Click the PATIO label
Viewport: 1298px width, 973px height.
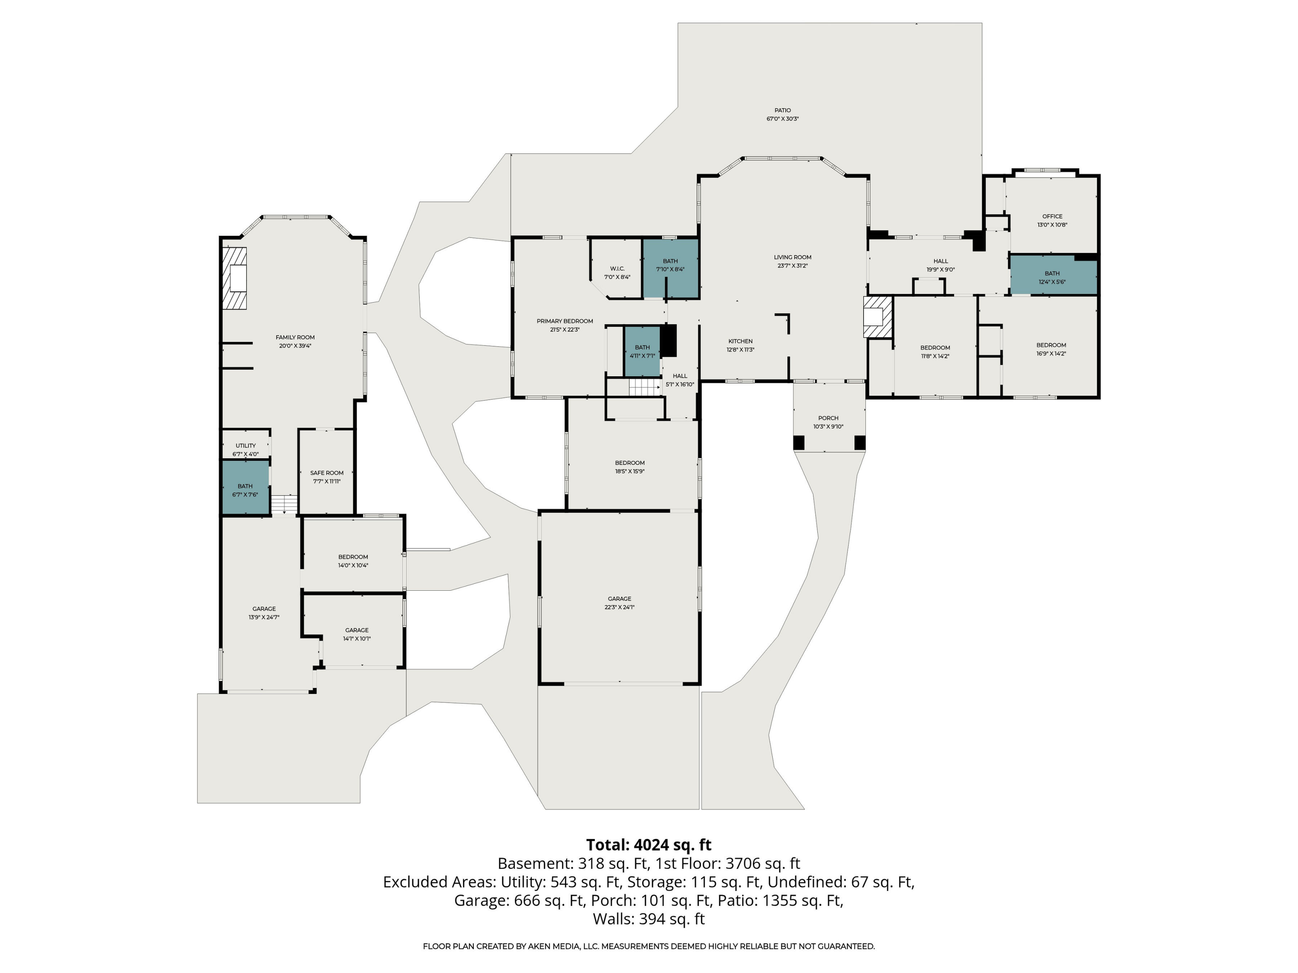[782, 110]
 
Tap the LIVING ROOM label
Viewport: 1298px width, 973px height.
[792, 257]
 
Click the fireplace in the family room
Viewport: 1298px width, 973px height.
[235, 278]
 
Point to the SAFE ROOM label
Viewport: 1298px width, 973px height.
[327, 473]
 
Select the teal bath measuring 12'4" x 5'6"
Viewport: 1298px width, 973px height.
[1053, 275]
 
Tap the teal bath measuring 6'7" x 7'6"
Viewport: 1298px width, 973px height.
[245, 487]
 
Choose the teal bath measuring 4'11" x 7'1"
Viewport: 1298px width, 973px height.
[642, 351]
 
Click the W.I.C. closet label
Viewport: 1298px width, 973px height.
[617, 269]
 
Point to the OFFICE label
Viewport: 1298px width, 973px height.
[1052, 216]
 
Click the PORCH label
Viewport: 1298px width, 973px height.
[828, 418]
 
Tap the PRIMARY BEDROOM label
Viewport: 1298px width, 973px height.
[565, 321]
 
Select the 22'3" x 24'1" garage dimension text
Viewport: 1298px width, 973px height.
[620, 607]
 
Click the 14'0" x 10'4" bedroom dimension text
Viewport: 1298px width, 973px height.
[353, 565]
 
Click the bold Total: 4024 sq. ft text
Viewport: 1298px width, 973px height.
[649, 845]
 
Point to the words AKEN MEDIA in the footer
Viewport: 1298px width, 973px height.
[550, 946]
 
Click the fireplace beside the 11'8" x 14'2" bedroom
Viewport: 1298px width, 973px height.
[877, 317]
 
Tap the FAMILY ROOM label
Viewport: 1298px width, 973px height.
[295, 337]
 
